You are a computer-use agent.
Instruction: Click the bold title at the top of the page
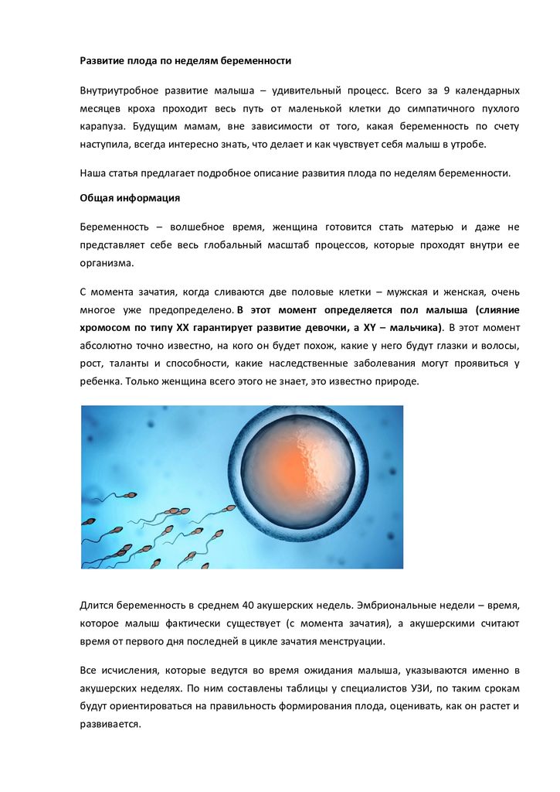pos(185,60)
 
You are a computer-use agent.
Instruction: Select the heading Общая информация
pos(130,198)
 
